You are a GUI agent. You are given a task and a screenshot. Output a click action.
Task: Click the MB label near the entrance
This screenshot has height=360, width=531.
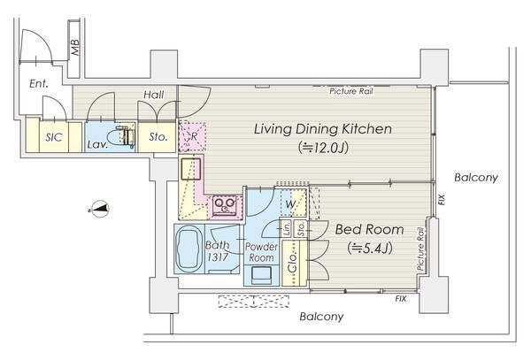[75, 48]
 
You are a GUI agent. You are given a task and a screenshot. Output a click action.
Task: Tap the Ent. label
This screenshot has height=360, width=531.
[39, 83]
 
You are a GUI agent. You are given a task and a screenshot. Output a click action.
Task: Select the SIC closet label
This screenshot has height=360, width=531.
[54, 137]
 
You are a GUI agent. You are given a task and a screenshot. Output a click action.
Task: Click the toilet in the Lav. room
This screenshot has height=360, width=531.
[121, 137]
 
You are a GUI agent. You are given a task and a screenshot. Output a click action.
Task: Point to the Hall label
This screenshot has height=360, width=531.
[154, 95]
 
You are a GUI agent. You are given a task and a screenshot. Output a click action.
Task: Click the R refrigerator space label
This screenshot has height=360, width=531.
[194, 136]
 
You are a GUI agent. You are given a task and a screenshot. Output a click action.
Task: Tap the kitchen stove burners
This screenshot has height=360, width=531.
[225, 205]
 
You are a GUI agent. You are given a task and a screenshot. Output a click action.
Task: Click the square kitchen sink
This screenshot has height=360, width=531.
[190, 168]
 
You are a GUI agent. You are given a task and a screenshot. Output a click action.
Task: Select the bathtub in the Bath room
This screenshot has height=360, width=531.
[189, 249]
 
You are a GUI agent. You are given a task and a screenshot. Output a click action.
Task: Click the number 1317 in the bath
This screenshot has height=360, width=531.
[218, 257]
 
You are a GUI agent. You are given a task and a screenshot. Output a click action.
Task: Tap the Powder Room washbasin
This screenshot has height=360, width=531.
[261, 275]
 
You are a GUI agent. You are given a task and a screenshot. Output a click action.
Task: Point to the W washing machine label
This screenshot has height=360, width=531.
[290, 204]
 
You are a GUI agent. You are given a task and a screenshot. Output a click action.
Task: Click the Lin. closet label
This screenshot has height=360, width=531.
[287, 228]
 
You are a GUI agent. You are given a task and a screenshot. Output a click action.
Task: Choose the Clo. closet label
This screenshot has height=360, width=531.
[293, 262]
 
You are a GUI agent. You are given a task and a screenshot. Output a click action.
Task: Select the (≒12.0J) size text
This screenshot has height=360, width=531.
[323, 148]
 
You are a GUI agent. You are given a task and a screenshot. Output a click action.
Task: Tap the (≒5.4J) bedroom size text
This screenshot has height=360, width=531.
[370, 249]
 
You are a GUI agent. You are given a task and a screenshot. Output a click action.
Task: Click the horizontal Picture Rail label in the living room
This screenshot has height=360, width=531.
[351, 91]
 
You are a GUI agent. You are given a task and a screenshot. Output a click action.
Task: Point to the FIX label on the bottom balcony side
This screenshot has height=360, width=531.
[401, 299]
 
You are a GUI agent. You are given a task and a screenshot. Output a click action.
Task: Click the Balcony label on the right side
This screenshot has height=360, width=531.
[476, 177]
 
